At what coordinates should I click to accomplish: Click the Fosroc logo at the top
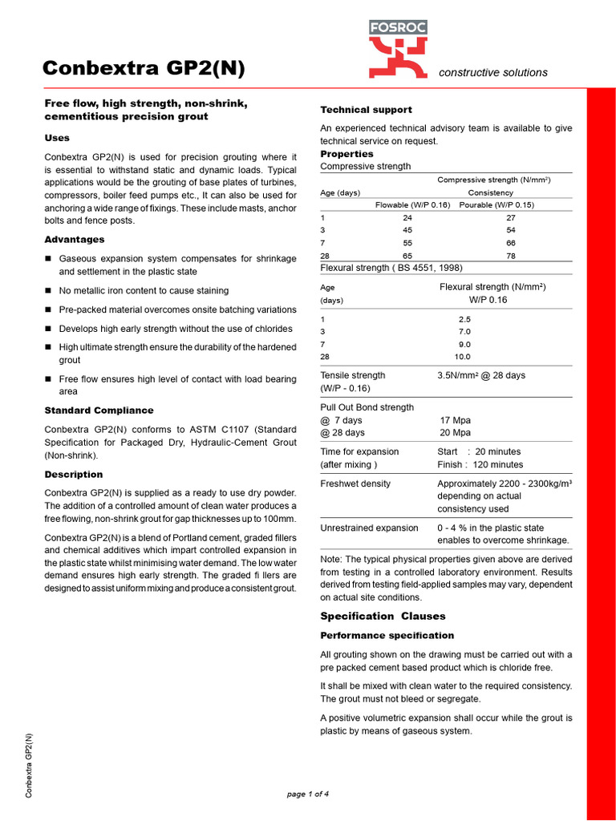tap(398, 49)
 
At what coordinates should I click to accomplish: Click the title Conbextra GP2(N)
tap(144, 70)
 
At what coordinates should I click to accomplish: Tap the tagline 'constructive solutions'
tap(493, 72)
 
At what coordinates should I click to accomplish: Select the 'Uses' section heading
tap(57, 138)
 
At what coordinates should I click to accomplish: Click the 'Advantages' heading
tap(75, 240)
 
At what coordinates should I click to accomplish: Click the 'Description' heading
tap(74, 475)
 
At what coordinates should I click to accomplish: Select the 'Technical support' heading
tap(366, 110)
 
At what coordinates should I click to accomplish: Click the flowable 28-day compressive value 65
tap(407, 256)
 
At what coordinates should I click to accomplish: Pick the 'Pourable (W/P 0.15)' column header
tap(496, 204)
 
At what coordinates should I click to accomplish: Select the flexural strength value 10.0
tap(463, 357)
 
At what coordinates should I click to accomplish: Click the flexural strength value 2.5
tap(464, 318)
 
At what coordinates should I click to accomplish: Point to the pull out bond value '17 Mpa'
tap(456, 420)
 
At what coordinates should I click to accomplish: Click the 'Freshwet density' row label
tap(355, 484)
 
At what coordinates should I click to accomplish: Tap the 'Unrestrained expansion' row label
tap(369, 528)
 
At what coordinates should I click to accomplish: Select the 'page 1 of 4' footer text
tap(308, 795)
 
